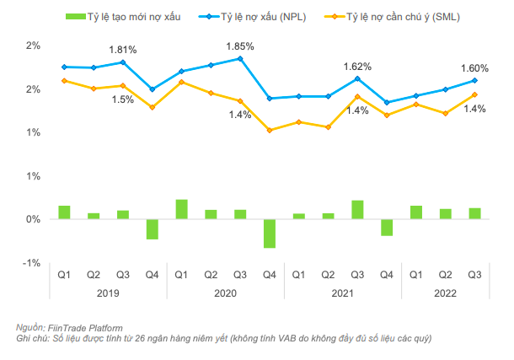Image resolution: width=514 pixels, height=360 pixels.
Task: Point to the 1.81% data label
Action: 122,50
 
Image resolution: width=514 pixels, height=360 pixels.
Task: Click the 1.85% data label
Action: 240,46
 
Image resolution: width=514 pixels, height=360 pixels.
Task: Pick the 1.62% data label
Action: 357,66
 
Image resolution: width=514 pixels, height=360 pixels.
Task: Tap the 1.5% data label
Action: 122,99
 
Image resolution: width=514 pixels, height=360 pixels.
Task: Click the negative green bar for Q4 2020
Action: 270,234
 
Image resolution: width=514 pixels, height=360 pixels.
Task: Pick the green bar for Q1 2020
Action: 181,209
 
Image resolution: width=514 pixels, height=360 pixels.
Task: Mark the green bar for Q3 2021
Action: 357,210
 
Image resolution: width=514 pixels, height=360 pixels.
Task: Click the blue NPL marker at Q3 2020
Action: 240,59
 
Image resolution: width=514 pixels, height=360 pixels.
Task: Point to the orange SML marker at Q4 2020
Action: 270,130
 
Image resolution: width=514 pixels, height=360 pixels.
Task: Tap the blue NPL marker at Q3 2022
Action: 475,81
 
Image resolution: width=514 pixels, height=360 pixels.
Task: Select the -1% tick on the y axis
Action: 30,263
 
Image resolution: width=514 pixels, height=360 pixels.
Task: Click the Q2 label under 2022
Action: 446,276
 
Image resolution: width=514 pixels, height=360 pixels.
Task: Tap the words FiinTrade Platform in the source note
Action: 86,327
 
